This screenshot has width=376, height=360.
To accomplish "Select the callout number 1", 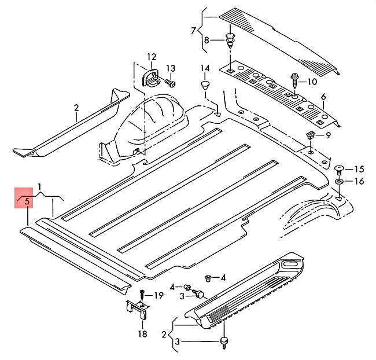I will pyautogui.click(x=40, y=186).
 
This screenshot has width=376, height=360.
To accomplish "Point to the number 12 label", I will pyautogui.click(x=151, y=57).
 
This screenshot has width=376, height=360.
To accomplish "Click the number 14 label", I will pyautogui.click(x=205, y=69).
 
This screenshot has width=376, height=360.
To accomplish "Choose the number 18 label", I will pyautogui.click(x=142, y=334).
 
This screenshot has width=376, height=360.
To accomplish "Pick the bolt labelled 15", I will pyautogui.click(x=340, y=169).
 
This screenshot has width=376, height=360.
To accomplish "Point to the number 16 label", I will pyautogui.click(x=359, y=182).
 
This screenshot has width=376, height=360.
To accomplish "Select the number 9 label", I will pyautogui.click(x=327, y=135).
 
